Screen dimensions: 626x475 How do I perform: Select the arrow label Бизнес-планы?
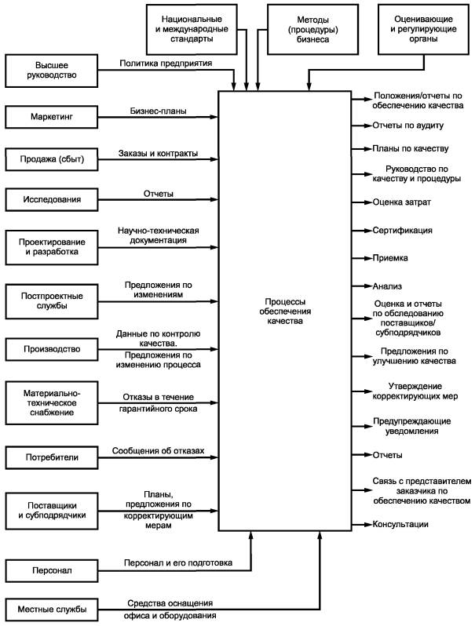coord(159,111)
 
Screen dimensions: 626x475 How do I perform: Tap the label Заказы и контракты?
coord(158,152)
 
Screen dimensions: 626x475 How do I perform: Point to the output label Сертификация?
coord(403,231)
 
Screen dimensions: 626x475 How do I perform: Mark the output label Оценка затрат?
coord(402,202)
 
